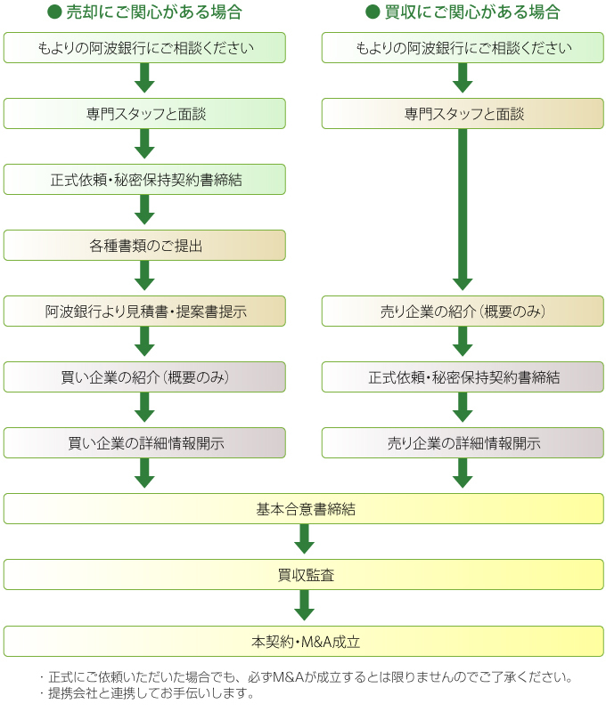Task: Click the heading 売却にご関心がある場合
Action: pyautogui.click(x=152, y=12)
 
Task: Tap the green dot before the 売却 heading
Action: pyautogui.click(x=53, y=12)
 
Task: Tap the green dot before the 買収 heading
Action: pyautogui.click(x=373, y=12)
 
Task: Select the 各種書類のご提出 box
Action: pyautogui.click(x=144, y=246)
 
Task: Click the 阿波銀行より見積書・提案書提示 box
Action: pyautogui.click(x=144, y=311)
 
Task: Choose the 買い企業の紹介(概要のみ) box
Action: pyautogui.click(x=144, y=377)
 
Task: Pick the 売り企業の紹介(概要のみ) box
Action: pyautogui.click(x=463, y=311)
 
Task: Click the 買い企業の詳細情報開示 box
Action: pyautogui.click(x=144, y=443)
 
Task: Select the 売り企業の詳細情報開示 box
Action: pyautogui.click(x=463, y=443)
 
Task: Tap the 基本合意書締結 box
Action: pyautogui.click(x=304, y=509)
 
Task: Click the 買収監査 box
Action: pyautogui.click(x=304, y=575)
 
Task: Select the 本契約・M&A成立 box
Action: pyautogui.click(x=304, y=641)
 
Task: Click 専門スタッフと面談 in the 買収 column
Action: pyautogui.click(x=463, y=114)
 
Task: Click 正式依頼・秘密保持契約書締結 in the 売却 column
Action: pyautogui.click(x=144, y=180)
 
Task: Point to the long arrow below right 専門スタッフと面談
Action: pyautogui.click(x=463, y=210)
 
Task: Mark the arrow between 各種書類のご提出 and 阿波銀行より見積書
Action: pyautogui.click(x=144, y=277)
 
